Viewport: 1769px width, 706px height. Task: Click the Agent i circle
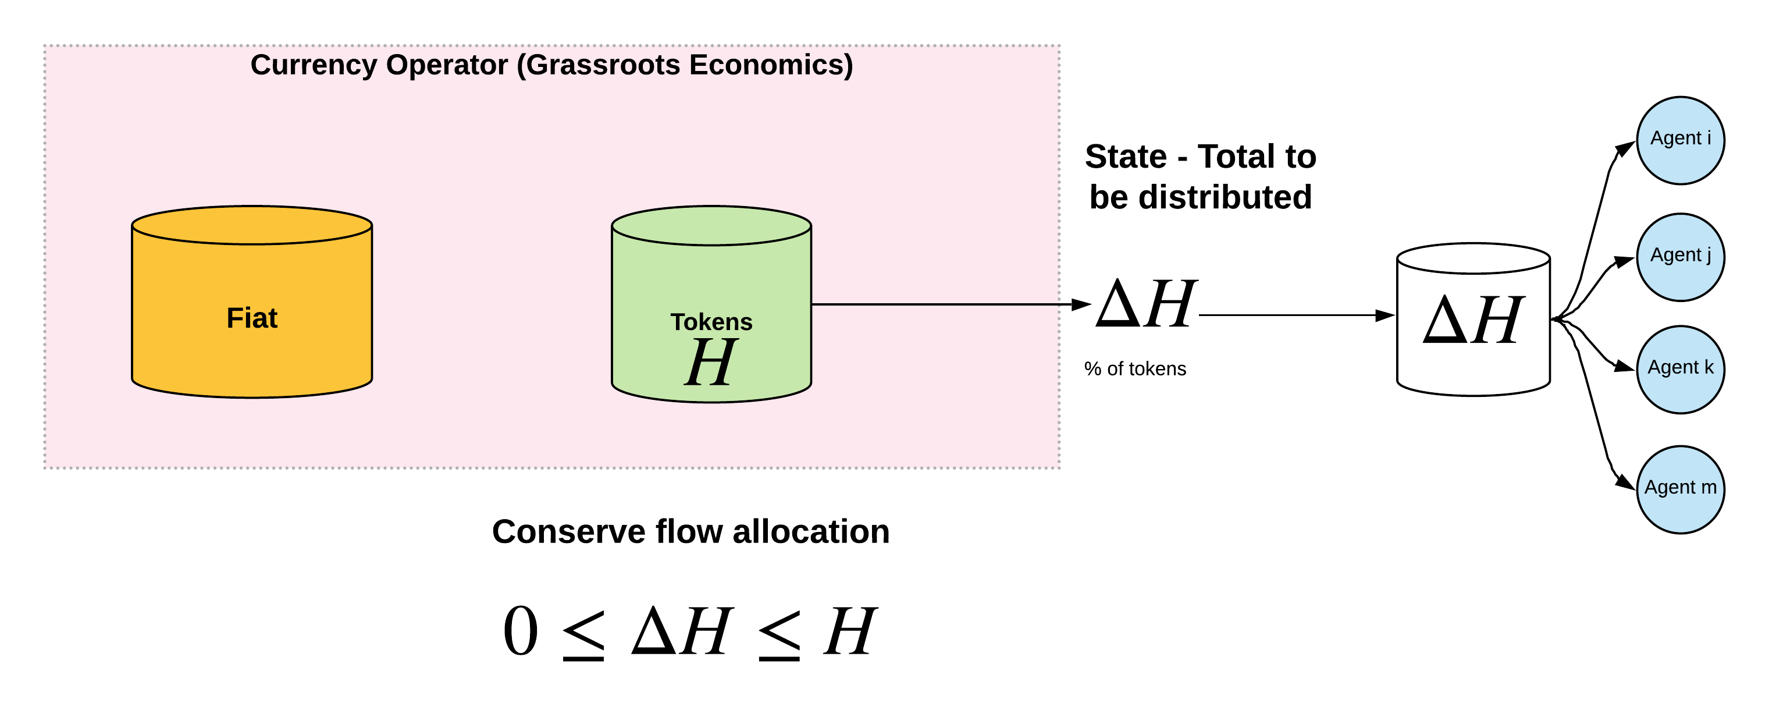click(x=1680, y=140)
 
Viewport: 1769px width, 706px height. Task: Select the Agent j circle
click(x=1680, y=257)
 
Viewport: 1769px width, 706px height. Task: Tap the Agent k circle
click(x=1680, y=369)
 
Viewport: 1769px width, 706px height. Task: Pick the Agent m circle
click(x=1680, y=489)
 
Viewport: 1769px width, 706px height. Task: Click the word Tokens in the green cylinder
click(x=711, y=321)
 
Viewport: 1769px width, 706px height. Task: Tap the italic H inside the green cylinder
click(x=711, y=362)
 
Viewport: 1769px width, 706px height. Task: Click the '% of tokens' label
click(x=1134, y=369)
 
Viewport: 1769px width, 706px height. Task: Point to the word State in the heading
click(x=1126, y=157)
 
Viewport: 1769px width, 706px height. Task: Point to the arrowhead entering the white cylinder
click(x=1385, y=315)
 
